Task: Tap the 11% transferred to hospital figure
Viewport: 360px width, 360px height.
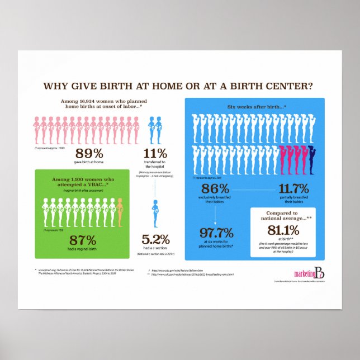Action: pos(155,153)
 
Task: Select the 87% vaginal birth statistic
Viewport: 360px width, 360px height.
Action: pos(83,240)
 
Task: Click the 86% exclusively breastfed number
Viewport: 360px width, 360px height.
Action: pos(215,188)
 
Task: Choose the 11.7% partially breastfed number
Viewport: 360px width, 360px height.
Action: pos(293,188)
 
